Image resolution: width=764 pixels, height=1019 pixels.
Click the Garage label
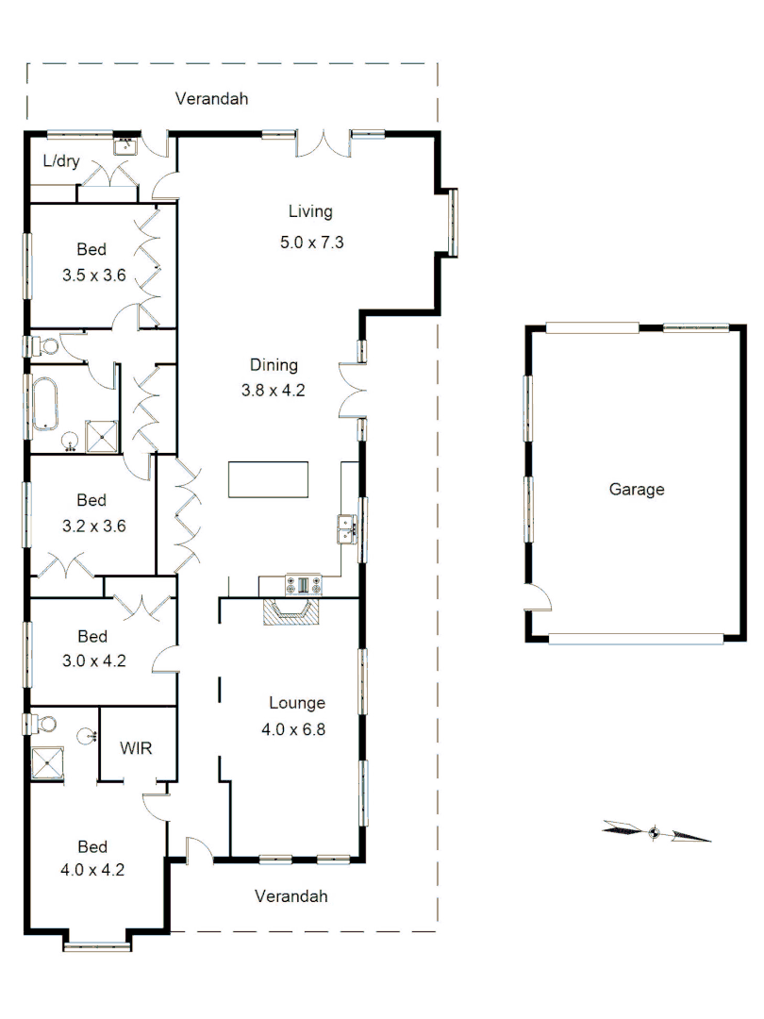(637, 490)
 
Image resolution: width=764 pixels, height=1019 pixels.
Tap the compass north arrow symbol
(656, 832)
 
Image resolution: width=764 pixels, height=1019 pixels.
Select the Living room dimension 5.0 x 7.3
(310, 242)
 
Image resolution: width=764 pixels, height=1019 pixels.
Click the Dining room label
(274, 365)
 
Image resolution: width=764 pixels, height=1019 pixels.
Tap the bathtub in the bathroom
(44, 404)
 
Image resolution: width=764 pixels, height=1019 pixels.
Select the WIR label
(135, 747)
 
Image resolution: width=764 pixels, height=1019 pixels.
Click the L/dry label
(60, 161)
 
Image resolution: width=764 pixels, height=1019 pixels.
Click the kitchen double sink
(345, 530)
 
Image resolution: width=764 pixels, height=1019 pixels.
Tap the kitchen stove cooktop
(304, 585)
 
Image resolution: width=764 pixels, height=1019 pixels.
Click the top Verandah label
(212, 98)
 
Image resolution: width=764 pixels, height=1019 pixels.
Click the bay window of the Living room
(454, 223)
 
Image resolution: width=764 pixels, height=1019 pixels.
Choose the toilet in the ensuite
(42, 725)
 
